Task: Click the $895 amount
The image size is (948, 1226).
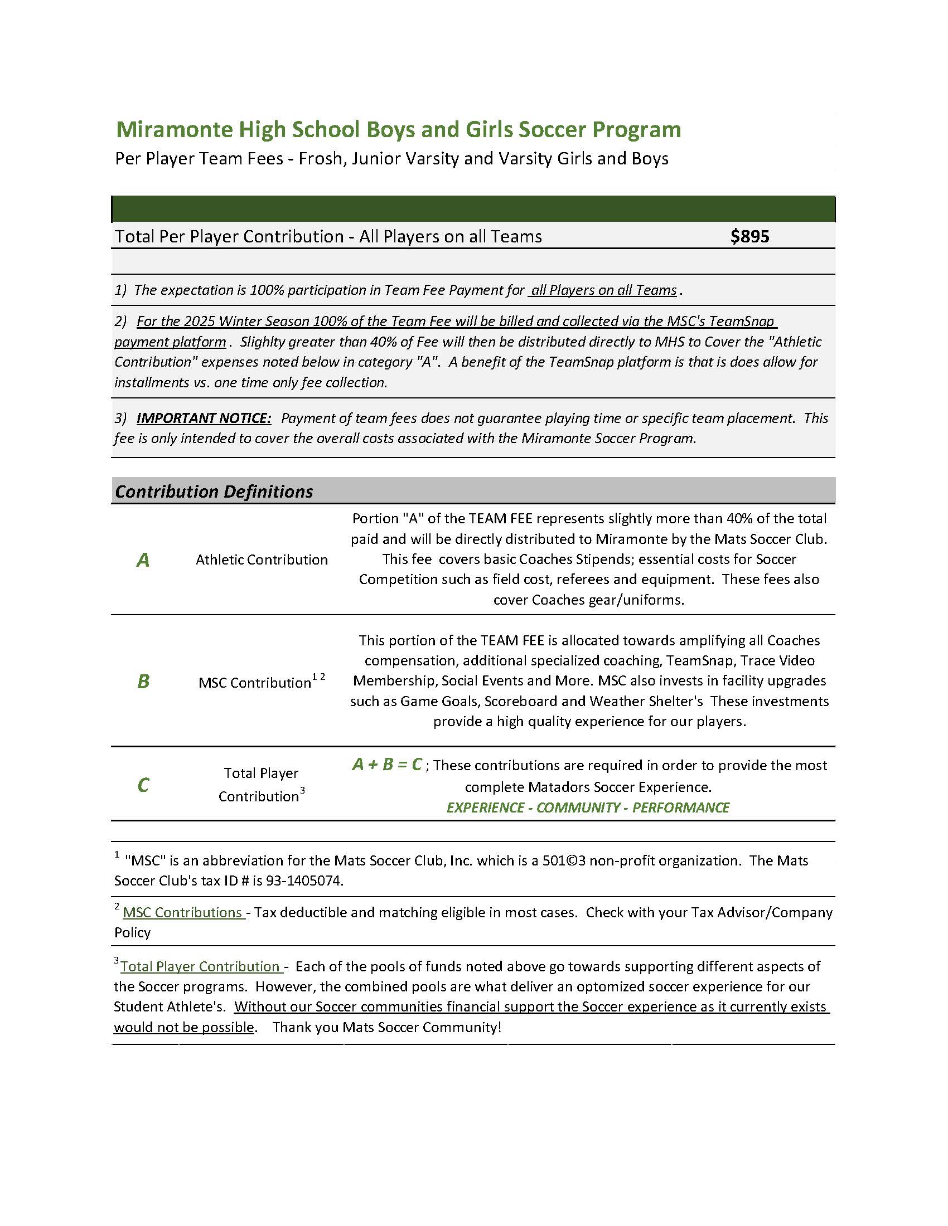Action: point(749,236)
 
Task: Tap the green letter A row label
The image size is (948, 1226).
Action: point(143,560)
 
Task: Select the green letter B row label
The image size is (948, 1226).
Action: point(143,682)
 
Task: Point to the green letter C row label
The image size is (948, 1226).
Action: point(143,784)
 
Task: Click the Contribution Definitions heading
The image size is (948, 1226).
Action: point(214,492)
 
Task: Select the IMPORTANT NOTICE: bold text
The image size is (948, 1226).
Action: point(204,418)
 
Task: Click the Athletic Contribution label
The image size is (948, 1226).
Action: point(262,560)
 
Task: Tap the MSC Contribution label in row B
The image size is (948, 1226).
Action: point(254,683)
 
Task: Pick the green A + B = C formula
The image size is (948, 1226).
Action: point(387,765)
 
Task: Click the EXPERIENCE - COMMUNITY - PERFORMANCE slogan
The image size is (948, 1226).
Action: point(587,807)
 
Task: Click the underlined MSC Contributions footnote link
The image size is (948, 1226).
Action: point(182,912)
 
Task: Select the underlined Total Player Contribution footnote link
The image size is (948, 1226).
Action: point(201,966)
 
